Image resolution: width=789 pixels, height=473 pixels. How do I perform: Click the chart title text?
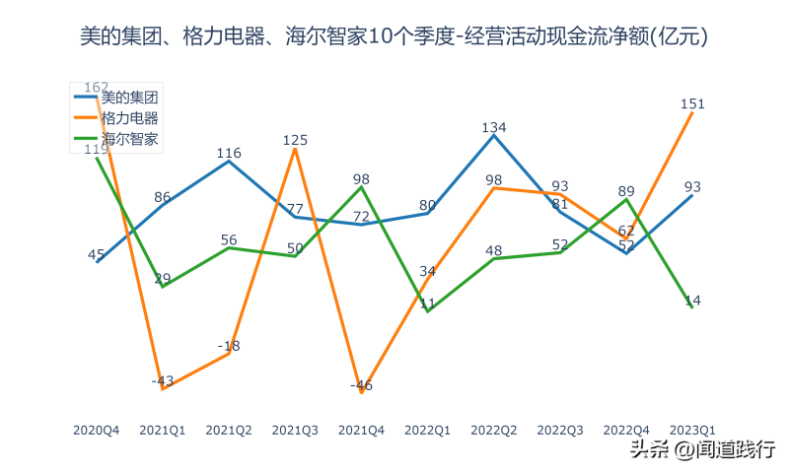point(394,37)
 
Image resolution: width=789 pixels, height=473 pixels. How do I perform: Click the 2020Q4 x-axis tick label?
point(97,431)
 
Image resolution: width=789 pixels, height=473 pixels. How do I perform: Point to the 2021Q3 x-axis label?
point(295,431)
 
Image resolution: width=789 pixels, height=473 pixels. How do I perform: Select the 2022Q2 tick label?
point(494,431)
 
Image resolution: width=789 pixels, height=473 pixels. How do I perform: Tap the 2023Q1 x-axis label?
point(692,431)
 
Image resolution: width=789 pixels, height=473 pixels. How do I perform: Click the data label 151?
point(692,103)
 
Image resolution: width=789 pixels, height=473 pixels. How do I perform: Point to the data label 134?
point(494,127)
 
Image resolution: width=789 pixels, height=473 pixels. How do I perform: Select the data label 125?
point(295,140)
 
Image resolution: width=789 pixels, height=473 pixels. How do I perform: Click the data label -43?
point(163,380)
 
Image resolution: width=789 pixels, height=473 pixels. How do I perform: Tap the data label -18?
point(229,346)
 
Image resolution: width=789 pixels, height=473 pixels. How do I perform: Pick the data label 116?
point(229,153)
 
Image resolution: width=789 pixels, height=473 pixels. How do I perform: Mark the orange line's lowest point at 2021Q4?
point(362,392)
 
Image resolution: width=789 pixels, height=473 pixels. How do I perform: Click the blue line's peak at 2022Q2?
point(494,135)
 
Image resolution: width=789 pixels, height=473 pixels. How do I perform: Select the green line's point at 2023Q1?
point(692,307)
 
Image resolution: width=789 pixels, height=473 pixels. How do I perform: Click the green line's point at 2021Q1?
point(163,286)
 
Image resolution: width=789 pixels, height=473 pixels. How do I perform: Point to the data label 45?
point(97,254)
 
